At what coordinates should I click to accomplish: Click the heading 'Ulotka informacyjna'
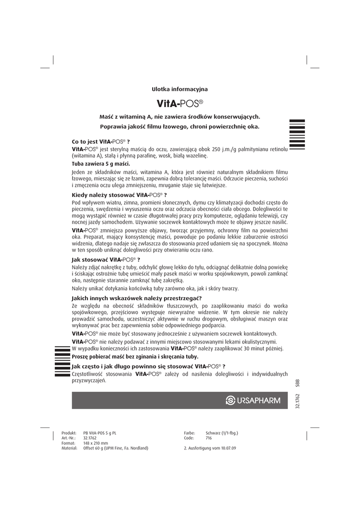(180, 89)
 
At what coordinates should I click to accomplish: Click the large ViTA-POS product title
(180, 103)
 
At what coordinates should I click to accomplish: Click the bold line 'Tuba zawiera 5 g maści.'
(101, 164)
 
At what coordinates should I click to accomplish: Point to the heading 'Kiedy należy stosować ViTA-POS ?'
(119, 195)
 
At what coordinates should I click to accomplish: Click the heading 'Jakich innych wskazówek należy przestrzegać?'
(133, 298)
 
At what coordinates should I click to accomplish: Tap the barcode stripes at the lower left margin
(60, 362)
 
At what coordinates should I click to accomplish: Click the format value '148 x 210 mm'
(95, 443)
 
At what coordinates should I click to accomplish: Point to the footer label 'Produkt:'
(68, 433)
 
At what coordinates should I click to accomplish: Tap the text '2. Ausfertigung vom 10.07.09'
(210, 448)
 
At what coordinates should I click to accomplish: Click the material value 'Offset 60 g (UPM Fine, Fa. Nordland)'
(115, 448)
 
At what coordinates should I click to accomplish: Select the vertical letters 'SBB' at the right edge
(297, 383)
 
